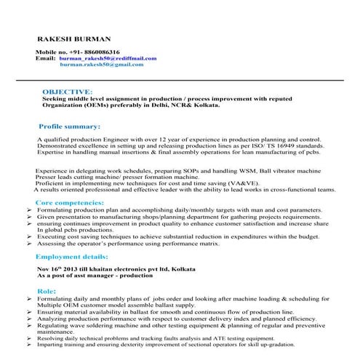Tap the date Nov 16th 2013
point(57,269)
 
